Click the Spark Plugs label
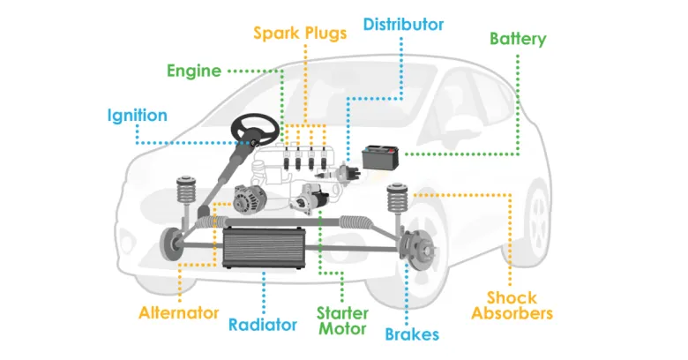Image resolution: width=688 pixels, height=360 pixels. (x=300, y=33)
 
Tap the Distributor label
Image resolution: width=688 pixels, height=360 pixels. (x=403, y=24)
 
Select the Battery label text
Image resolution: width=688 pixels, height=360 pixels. (x=518, y=39)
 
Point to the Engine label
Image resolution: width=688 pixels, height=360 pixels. (x=193, y=71)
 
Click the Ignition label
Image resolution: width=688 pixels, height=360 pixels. (x=137, y=116)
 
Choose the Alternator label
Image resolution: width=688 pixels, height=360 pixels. (x=178, y=312)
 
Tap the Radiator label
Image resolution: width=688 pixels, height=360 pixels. (x=263, y=324)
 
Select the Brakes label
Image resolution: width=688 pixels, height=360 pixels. (x=411, y=334)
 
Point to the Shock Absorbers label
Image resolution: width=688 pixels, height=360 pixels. (x=512, y=305)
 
